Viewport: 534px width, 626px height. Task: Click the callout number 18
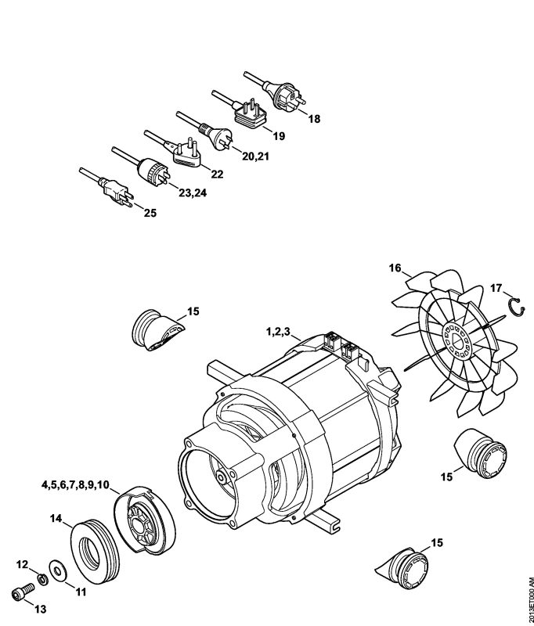(313, 119)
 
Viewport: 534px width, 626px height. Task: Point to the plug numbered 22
(187, 151)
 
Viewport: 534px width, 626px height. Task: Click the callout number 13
(41, 609)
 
